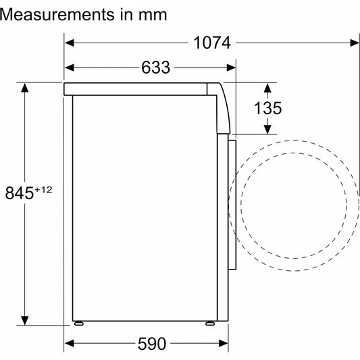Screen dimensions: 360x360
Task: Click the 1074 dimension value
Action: point(212,43)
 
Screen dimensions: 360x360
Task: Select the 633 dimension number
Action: point(155,68)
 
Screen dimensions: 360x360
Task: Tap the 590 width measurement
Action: point(152,344)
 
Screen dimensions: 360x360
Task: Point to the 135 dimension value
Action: point(267,108)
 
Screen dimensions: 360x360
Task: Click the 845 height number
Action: point(20,192)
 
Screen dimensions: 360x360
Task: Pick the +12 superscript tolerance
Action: point(43,190)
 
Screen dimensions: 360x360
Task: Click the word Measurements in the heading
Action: point(57,15)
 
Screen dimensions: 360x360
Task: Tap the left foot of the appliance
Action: point(79,324)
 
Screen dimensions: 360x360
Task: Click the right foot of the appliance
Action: point(210,324)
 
